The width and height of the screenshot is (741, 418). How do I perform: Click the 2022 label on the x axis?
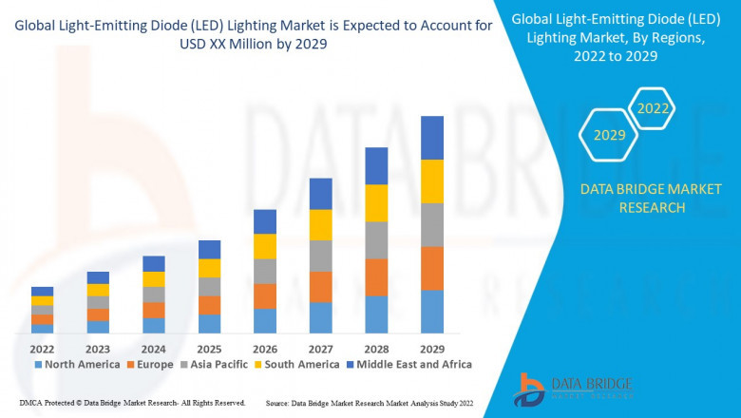[42, 347]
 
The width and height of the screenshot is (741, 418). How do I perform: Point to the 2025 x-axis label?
[209, 347]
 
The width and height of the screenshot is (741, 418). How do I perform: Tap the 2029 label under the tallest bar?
[432, 347]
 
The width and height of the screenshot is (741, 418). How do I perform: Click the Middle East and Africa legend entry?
[414, 364]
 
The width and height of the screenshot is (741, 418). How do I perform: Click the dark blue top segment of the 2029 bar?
[432, 138]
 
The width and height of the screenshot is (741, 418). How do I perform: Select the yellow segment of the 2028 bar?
[376, 202]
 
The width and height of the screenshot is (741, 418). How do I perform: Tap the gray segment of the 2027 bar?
[321, 256]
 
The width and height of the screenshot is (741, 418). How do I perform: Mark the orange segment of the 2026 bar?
[265, 295]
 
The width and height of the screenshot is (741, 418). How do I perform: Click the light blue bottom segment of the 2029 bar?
[432, 312]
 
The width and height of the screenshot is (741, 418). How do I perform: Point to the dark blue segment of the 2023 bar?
[98, 277]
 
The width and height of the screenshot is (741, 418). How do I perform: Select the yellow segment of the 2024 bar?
[154, 279]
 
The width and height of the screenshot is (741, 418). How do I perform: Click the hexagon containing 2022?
[653, 109]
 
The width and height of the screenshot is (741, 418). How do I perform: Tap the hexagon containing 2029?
[609, 136]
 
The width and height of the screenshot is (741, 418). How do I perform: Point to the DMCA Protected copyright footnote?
[132, 403]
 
